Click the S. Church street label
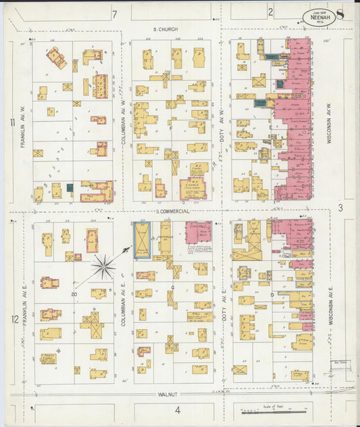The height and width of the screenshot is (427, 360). tap(165, 29)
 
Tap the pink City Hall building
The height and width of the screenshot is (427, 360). tap(198, 232)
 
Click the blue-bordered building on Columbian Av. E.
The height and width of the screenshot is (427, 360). tap(143, 241)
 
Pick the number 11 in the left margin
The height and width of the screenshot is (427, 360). tap(13, 122)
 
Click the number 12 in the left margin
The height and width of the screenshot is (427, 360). tap(14, 318)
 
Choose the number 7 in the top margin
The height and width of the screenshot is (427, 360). tap(115, 14)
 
